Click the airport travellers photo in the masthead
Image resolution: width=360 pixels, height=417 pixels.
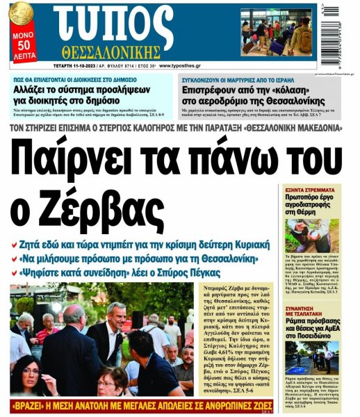[277, 32]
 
